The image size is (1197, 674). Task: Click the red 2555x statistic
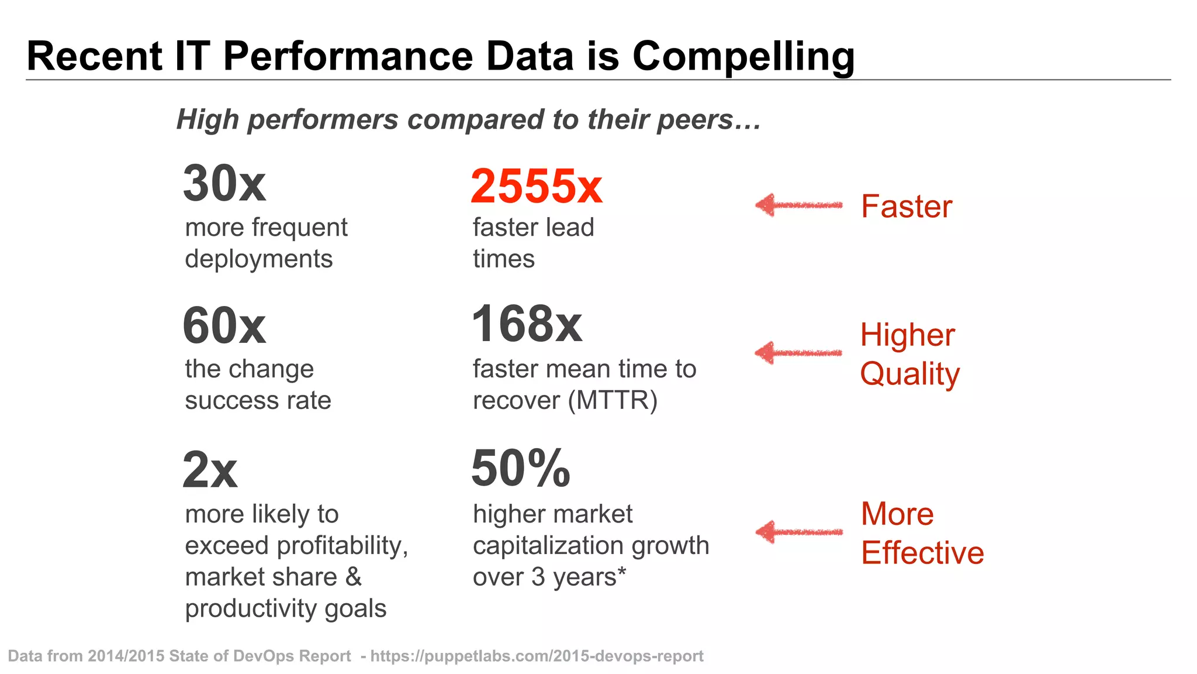point(536,187)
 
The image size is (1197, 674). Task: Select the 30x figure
point(224,184)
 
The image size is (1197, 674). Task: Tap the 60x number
point(224,326)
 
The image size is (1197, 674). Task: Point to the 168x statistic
point(527,324)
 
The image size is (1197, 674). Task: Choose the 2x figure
point(209,470)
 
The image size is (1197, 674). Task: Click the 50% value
point(520,469)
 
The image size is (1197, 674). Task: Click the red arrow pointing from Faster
point(798,205)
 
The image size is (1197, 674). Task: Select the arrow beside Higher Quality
point(798,353)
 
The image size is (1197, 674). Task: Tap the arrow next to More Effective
point(798,532)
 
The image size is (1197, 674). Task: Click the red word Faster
point(906,207)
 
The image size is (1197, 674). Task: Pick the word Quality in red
point(909,374)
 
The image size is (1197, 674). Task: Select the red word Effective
point(922,553)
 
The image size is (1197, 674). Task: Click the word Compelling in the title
point(743,57)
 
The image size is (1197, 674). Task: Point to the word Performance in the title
point(348,57)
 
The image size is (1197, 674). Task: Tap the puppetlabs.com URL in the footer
point(537,656)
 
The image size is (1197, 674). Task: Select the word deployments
point(258,259)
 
